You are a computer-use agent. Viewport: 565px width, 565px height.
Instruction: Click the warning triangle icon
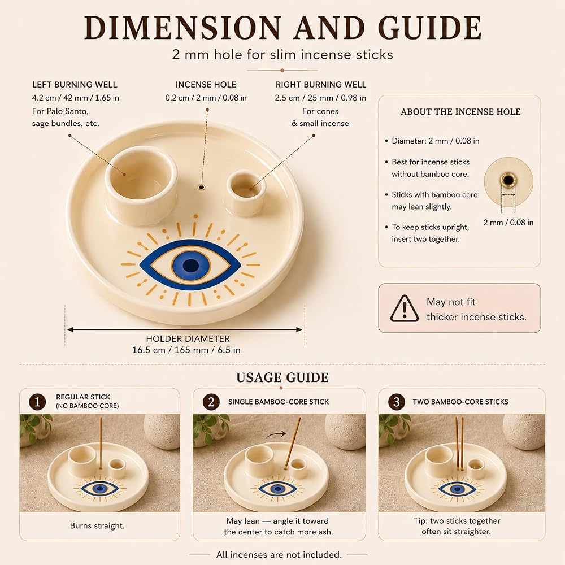click(x=405, y=308)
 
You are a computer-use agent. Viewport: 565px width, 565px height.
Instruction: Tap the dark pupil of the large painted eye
click(x=190, y=266)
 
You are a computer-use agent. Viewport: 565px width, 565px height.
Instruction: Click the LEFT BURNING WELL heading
click(x=75, y=85)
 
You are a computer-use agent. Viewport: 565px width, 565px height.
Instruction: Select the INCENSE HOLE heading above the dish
click(x=206, y=85)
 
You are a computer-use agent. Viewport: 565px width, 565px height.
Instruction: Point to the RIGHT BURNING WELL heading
click(x=321, y=85)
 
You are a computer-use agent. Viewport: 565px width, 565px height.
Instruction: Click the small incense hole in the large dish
click(x=202, y=188)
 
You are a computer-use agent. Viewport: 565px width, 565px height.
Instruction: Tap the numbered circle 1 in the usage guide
click(x=37, y=401)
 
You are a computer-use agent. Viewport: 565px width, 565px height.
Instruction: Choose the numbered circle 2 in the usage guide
click(x=211, y=401)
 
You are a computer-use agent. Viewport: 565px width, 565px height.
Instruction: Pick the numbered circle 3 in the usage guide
click(x=397, y=401)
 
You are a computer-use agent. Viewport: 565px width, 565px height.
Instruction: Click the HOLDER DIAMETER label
click(x=188, y=338)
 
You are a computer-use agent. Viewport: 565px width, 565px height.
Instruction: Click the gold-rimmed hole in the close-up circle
click(x=508, y=180)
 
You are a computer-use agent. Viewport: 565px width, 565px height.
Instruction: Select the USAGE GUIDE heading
click(x=282, y=377)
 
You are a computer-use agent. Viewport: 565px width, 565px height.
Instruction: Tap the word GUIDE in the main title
click(x=429, y=28)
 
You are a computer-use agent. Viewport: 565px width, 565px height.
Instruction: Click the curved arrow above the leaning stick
click(x=276, y=435)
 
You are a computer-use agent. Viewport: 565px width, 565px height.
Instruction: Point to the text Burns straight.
click(x=97, y=525)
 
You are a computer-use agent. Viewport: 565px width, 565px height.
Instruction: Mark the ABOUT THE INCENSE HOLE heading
click(x=460, y=112)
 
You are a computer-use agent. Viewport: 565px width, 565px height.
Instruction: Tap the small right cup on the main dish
click(x=246, y=193)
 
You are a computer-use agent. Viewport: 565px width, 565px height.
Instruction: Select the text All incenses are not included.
click(x=279, y=555)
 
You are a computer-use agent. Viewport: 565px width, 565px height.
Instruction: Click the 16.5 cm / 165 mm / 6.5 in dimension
click(x=186, y=350)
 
